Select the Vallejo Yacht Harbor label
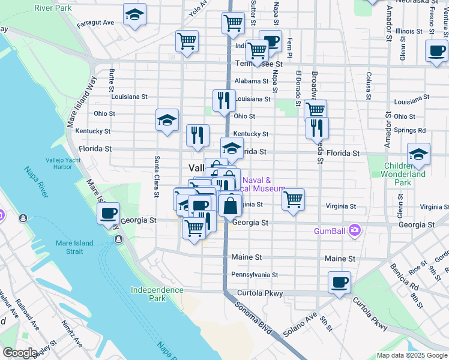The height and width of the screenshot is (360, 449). [66, 164]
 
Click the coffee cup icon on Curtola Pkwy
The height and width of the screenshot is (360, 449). [339, 282]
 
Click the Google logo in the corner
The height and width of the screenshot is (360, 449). [20, 353]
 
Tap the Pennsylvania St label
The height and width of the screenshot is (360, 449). [255, 275]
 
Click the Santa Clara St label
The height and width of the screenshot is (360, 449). [157, 177]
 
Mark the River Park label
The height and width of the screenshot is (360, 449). [53, 8]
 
